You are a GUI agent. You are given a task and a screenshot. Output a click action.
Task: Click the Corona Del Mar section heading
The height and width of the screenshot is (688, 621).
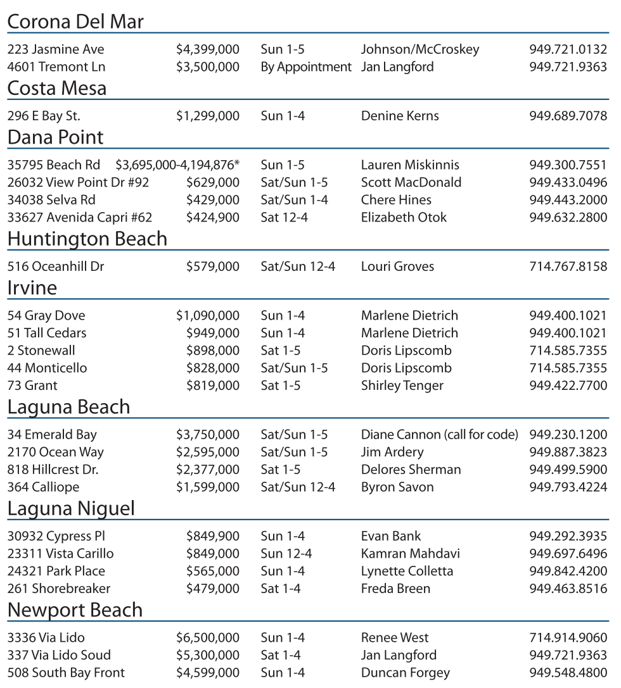coord(75,22)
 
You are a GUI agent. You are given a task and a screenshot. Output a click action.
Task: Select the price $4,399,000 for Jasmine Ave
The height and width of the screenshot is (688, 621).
coord(208,49)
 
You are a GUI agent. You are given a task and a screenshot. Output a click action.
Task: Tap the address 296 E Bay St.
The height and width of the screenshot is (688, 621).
coord(44,116)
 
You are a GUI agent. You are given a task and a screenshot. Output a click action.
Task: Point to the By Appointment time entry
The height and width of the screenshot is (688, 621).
coord(306,66)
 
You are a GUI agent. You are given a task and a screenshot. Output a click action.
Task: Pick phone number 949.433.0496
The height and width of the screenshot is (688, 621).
coord(568,182)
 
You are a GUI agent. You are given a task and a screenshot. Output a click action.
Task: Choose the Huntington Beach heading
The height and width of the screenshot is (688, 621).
coord(87,239)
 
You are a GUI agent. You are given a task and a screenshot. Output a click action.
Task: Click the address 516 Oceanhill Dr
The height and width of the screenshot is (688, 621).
coord(56,266)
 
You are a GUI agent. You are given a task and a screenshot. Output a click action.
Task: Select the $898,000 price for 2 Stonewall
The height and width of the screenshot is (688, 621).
coord(213,351)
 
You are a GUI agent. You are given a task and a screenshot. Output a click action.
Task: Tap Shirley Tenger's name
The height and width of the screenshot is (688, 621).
coord(402,385)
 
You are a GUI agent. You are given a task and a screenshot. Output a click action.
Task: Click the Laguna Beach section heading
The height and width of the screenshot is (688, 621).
coord(68,407)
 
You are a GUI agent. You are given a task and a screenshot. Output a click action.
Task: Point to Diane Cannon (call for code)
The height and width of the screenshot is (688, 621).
coord(439,435)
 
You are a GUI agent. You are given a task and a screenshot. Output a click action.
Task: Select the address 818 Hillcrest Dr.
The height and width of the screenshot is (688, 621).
coord(53,470)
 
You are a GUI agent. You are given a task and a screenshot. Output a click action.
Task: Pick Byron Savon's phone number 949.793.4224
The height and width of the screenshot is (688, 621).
coord(568,487)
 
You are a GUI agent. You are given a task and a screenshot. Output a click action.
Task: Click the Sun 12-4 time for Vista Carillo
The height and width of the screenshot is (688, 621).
coord(286,554)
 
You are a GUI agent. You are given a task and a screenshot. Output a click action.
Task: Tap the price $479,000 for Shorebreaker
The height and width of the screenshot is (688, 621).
coord(213,589)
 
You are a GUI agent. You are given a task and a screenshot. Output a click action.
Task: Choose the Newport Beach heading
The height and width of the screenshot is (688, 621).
coord(75,610)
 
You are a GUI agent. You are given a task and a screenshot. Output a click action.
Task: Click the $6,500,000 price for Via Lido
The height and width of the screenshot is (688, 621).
coord(208,637)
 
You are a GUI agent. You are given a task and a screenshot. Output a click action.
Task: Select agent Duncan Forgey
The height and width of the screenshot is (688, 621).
coord(406,673)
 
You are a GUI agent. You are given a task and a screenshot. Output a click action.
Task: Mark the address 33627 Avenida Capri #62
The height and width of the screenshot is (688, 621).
coord(80,218)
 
